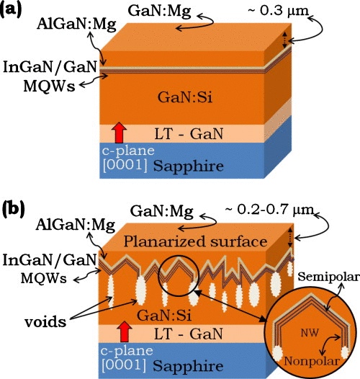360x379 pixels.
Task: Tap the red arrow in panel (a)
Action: click(x=120, y=133)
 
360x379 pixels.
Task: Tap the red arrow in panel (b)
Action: click(x=120, y=333)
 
